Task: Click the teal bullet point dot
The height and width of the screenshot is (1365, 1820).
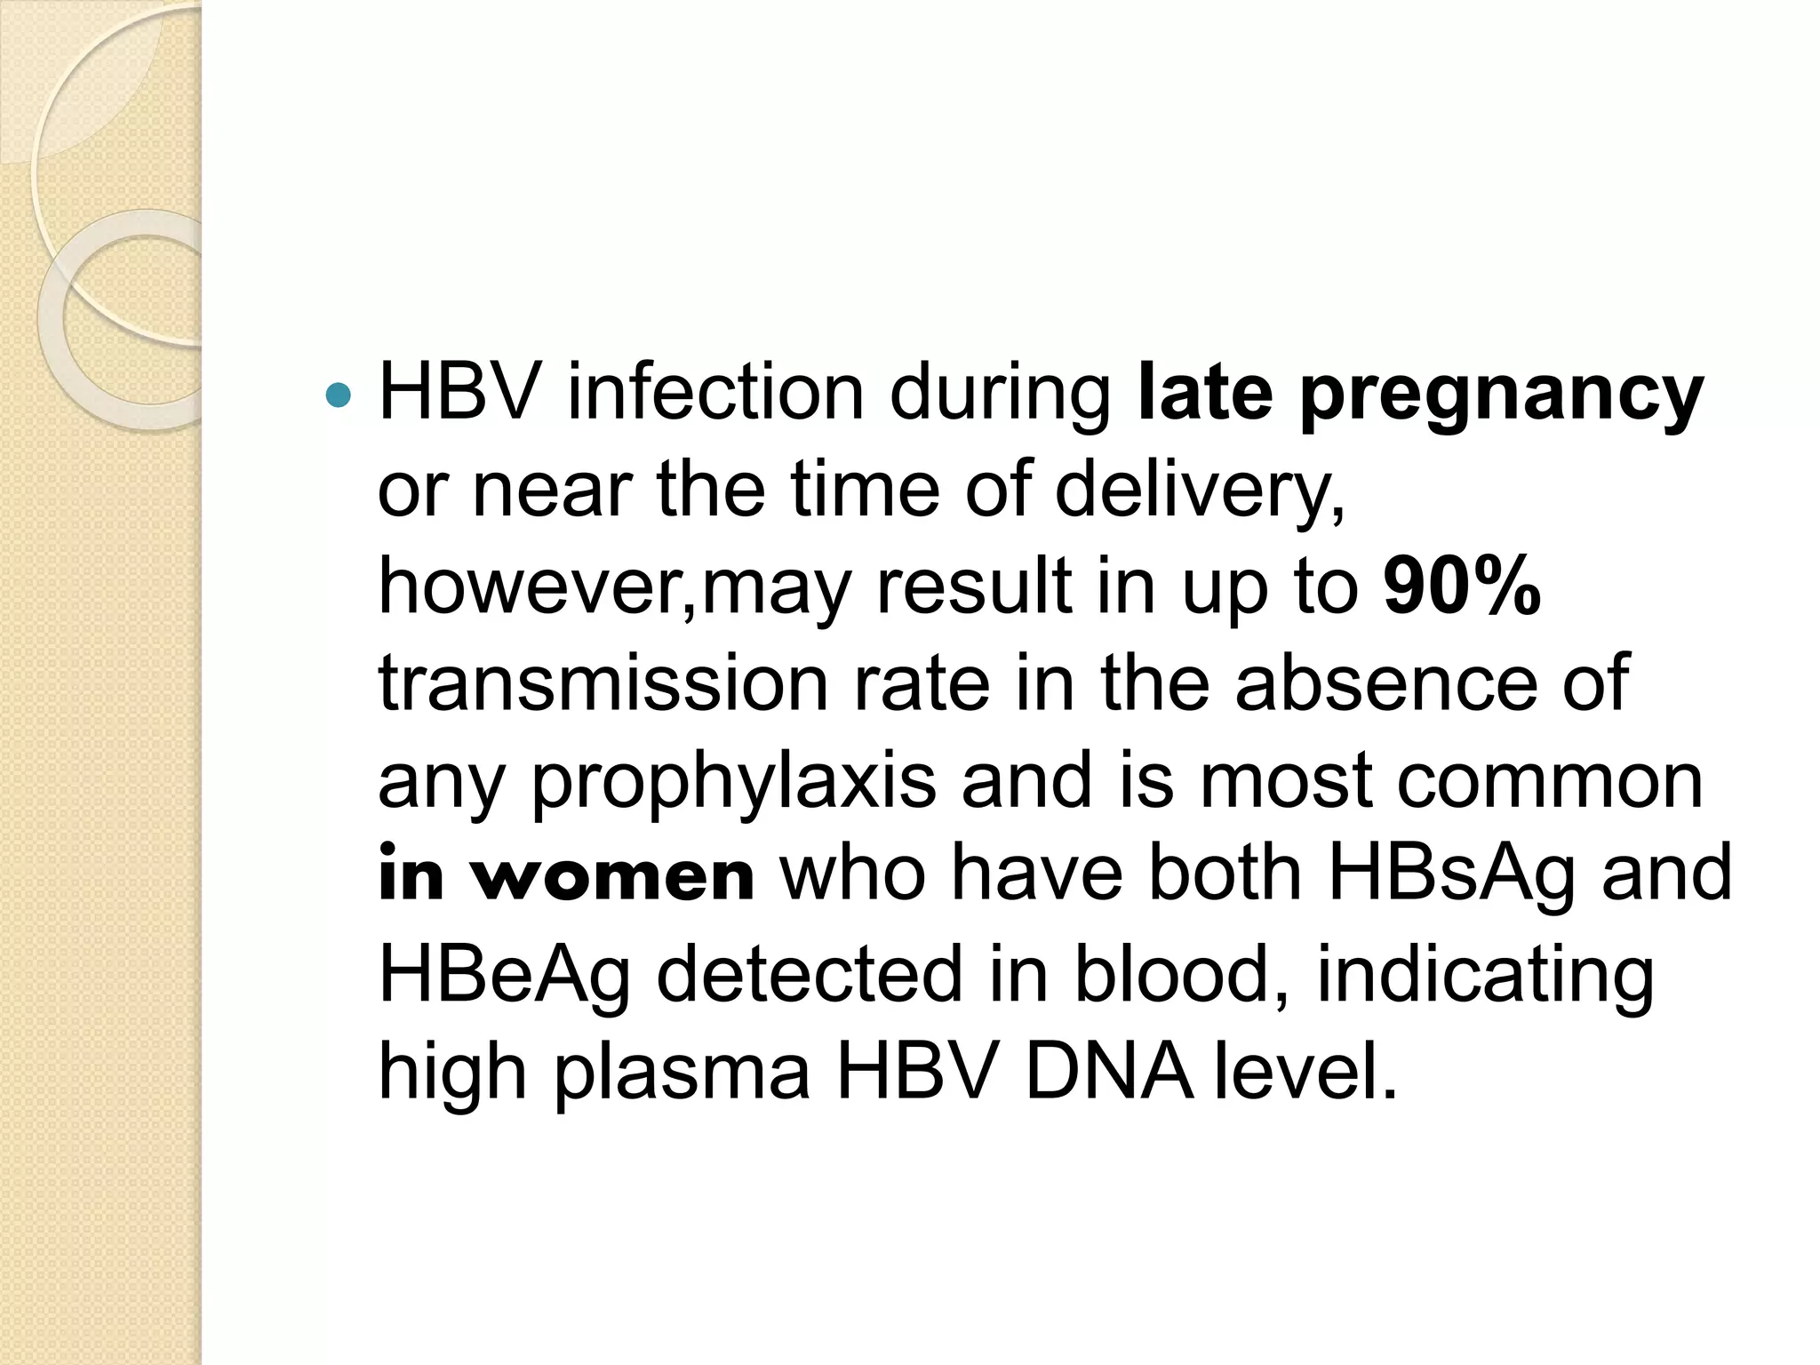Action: pos(339,394)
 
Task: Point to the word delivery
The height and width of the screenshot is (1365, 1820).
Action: pos(1199,491)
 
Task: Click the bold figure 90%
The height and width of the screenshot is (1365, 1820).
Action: pos(1462,587)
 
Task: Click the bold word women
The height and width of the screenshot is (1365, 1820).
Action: pos(613,876)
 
